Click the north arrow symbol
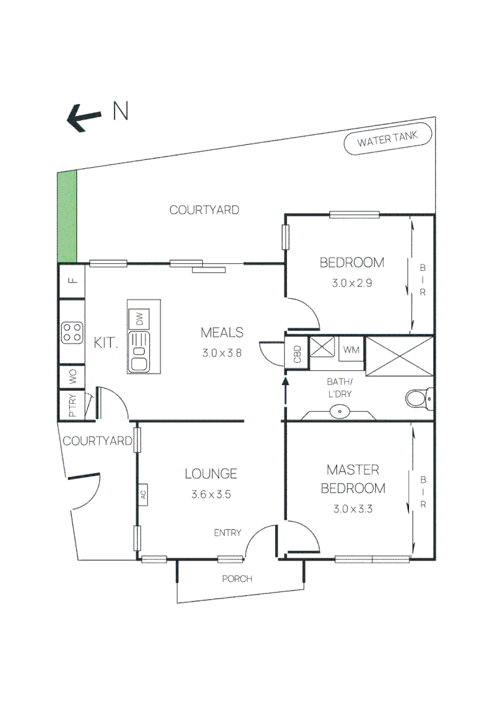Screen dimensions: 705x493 (85, 118)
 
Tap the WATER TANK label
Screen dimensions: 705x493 (388, 140)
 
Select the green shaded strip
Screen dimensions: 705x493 (67, 215)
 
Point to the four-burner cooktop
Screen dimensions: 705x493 (72, 332)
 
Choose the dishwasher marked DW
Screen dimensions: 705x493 (139, 319)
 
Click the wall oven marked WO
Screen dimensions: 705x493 (72, 377)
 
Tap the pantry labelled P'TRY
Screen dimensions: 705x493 (72, 405)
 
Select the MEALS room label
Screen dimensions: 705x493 (222, 332)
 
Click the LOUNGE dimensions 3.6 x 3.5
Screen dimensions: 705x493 (211, 494)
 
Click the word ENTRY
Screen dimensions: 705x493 (228, 533)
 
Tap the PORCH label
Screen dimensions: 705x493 (237, 578)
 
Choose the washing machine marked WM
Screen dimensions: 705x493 (351, 350)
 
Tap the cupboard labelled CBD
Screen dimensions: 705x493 (297, 354)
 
